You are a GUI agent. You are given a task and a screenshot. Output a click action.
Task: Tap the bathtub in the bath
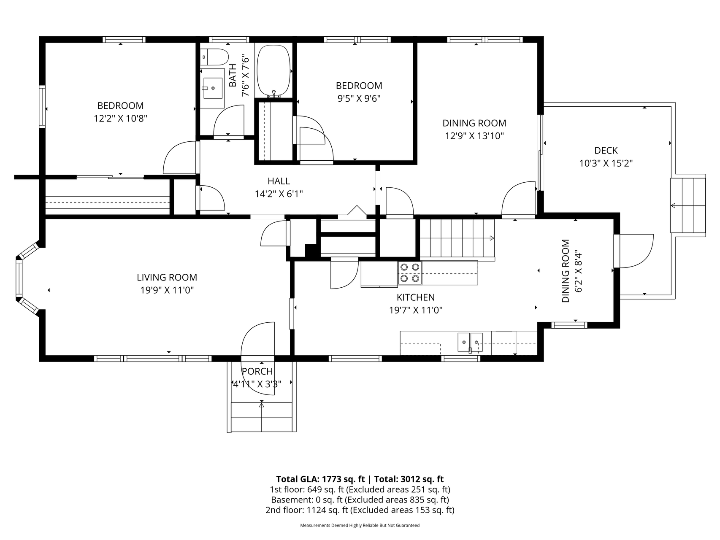coord(274,70)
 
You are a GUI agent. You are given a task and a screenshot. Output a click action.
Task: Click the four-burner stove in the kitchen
coord(410,273)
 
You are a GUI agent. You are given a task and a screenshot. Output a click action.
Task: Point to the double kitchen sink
coord(470,342)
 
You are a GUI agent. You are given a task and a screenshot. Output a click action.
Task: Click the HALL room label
coord(279,181)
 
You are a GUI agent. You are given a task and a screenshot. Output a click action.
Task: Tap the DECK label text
coord(606,151)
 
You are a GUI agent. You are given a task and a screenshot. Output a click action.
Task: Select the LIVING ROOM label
coord(167,277)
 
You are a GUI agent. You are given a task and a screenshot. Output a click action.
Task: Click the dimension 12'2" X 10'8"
coord(120,119)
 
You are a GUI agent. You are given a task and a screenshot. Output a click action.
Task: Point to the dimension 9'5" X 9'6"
coord(359,99)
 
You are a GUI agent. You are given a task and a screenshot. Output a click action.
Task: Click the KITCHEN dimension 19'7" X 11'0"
coord(416,310)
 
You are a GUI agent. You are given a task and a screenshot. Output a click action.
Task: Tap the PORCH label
coord(257,371)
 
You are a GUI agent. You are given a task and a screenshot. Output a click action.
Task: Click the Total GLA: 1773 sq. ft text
coord(320,479)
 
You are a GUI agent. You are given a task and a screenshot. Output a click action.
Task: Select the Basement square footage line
coord(360,500)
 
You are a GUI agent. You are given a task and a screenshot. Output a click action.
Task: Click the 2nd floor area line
coord(360,510)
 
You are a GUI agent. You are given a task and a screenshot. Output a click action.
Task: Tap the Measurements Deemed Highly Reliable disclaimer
coord(360,526)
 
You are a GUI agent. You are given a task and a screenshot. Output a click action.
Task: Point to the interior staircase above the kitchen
coord(457,239)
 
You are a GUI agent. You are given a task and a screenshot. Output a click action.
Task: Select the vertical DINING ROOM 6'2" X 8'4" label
coord(571,271)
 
